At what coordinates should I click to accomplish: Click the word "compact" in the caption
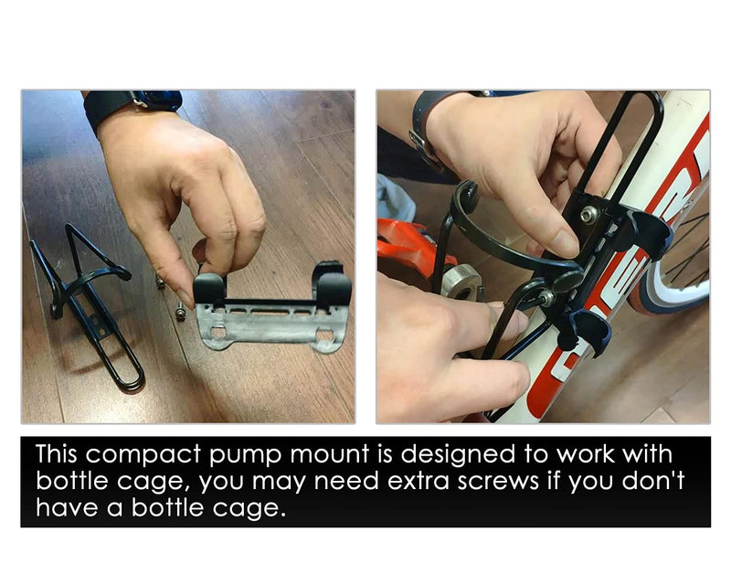[x=143, y=454]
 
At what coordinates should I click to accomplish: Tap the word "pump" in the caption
[x=245, y=455]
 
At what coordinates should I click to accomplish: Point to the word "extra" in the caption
[x=418, y=481]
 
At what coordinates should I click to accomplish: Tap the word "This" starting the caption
[x=57, y=453]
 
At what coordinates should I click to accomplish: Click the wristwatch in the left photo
[x=132, y=106]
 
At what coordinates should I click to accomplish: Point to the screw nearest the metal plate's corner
[x=180, y=312]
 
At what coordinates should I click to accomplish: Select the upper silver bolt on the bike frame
[x=589, y=215]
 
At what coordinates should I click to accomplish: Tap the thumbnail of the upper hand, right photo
[x=565, y=242]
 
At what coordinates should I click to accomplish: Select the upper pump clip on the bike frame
[x=648, y=233]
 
